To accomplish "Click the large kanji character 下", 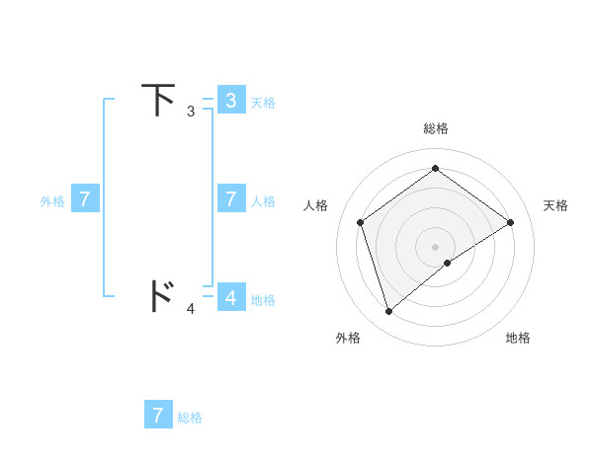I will [x=160, y=100].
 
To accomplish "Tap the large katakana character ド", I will [x=160, y=296].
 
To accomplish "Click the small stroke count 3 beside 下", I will [x=191, y=112].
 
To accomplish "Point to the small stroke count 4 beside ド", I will [x=191, y=309].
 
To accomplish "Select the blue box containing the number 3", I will [x=231, y=100].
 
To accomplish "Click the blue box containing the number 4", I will [x=231, y=297].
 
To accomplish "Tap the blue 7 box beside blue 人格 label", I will [x=231, y=199].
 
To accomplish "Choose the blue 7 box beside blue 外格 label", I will [x=85, y=199].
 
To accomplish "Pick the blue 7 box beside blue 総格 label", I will [x=158, y=415].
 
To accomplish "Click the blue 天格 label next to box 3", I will [x=263, y=102].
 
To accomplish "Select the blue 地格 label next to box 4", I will [x=263, y=299].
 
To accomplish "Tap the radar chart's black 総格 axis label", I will [x=436, y=128].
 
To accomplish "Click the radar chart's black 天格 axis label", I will [x=555, y=205].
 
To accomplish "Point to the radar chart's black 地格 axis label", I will [x=518, y=338].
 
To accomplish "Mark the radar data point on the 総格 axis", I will [x=436, y=168].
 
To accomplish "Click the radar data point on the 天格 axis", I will [x=510, y=222].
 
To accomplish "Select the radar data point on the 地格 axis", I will [x=448, y=263].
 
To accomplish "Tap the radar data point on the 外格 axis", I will [x=389, y=312].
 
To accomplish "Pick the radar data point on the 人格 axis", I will [x=361, y=222].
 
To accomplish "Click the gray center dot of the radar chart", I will [x=436, y=246].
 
